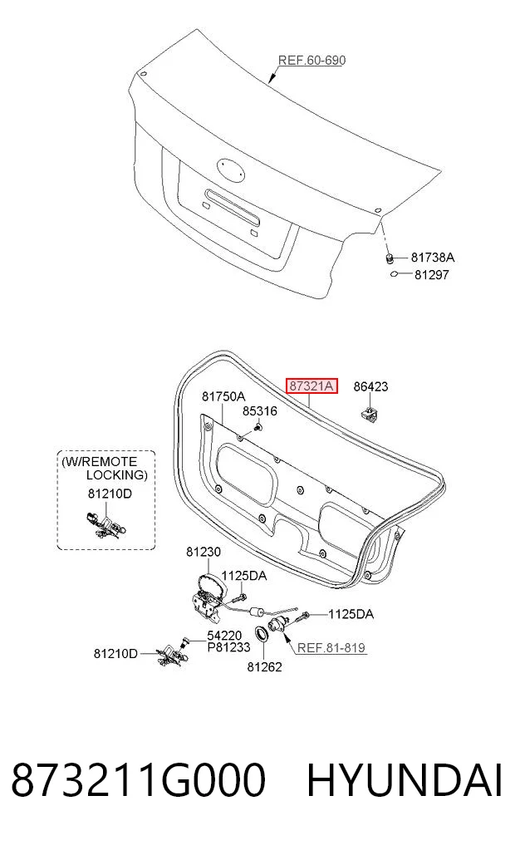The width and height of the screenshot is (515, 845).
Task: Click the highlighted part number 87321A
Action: [x=311, y=386]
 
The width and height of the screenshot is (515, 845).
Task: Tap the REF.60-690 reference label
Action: [x=311, y=60]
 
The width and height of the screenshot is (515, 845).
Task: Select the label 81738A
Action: [x=433, y=257]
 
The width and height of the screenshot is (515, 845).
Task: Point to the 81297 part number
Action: [x=431, y=274]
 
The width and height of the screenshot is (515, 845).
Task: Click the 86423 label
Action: [x=370, y=386]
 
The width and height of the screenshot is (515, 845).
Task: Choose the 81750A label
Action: [x=223, y=396]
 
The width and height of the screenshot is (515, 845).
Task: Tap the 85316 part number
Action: [x=260, y=411]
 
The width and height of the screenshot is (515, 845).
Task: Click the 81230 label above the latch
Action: [x=204, y=552]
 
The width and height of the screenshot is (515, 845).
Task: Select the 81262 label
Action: [x=264, y=666]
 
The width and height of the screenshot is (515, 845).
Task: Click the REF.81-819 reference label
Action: [x=331, y=647]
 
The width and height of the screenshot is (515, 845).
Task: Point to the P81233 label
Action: [x=229, y=646]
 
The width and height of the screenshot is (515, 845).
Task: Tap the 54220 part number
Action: [x=224, y=636]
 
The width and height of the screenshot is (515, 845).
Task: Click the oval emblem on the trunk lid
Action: [x=231, y=169]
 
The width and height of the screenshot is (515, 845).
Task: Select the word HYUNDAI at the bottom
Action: [x=405, y=780]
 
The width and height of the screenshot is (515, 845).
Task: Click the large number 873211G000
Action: [x=139, y=780]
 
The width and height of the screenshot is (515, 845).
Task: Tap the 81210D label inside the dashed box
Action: [x=110, y=493]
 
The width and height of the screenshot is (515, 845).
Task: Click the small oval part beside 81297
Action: [x=395, y=274]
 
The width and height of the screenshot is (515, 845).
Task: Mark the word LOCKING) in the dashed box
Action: [x=117, y=474]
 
